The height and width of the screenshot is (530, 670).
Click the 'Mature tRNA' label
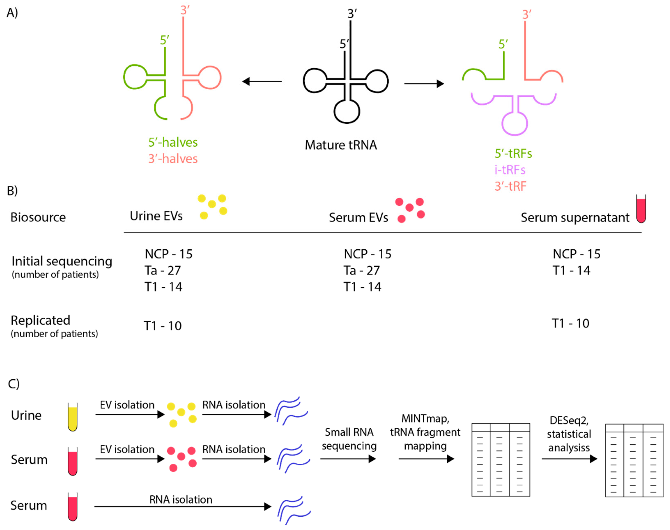340,145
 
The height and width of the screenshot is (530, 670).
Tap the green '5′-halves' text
173,142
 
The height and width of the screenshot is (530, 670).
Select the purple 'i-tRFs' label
510,170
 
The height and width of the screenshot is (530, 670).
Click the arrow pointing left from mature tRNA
262,82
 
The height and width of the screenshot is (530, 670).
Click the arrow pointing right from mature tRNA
424,83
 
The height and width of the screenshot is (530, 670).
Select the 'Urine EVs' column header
156,216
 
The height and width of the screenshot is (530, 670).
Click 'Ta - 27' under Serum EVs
361,271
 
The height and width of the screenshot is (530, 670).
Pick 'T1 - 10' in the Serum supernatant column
570,323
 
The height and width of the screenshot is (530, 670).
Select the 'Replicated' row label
40,320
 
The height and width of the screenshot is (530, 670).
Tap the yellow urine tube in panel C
72,417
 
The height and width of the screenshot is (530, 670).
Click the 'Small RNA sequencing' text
349,439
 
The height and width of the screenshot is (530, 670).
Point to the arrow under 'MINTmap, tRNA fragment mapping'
426,459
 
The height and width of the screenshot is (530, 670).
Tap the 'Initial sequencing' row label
62,261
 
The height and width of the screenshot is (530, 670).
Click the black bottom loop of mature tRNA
347,112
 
